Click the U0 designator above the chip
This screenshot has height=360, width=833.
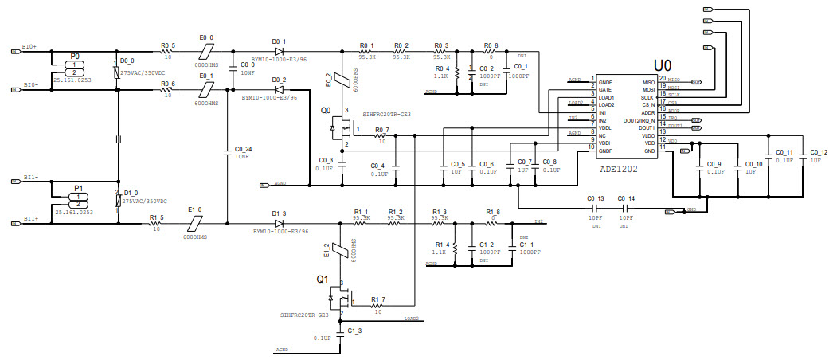pyautogui.click(x=663, y=64)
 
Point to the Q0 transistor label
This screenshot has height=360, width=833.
pyautogui.click(x=326, y=111)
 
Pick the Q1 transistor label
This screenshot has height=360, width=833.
pyautogui.click(x=323, y=280)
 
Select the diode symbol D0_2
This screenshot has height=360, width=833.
pyautogui.click(x=279, y=91)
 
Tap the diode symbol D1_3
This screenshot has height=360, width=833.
pyautogui.click(x=279, y=223)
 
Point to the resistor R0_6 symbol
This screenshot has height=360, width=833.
pyautogui.click(x=167, y=91)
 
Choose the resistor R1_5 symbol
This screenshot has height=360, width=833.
pyautogui.click(x=156, y=223)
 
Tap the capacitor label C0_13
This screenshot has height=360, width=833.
pyautogui.click(x=596, y=198)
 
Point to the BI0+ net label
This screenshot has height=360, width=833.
pyautogui.click(x=30, y=47)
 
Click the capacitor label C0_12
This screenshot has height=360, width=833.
pyautogui.click(x=819, y=152)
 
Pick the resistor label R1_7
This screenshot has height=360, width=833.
pyautogui.click(x=377, y=299)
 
